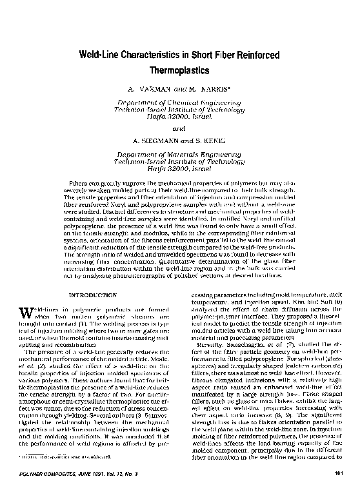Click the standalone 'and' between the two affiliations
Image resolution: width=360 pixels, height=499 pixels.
pyautogui.click(x=180, y=128)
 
